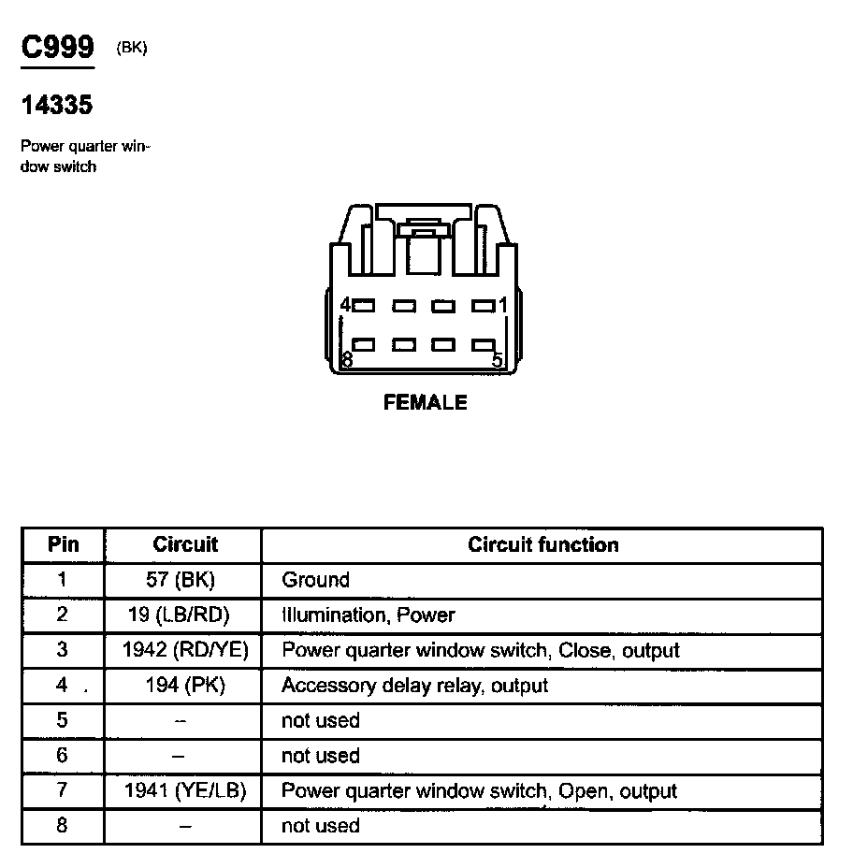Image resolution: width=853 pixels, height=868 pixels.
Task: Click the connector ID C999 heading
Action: [58, 48]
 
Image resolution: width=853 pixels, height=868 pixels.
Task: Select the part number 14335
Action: [57, 106]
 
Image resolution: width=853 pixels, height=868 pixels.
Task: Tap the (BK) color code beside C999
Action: [132, 49]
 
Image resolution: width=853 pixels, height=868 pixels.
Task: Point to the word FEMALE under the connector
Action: [426, 403]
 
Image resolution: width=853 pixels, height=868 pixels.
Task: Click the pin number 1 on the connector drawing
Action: [502, 305]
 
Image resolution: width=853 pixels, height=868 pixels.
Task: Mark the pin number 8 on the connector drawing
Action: [347, 360]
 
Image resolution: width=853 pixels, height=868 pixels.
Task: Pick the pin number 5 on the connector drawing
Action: [497, 360]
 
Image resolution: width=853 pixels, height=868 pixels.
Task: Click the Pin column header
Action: [64, 544]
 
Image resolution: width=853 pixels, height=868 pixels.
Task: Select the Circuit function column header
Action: [543, 544]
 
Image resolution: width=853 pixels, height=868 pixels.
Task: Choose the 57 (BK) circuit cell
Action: [181, 580]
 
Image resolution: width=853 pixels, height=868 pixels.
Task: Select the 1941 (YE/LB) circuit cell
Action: [185, 791]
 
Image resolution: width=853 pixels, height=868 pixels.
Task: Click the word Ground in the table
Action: [315, 580]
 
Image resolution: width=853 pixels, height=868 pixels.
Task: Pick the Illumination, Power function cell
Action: [369, 615]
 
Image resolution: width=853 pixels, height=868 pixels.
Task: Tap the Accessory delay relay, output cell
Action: [414, 686]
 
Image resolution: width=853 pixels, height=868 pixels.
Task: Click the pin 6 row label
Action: [63, 756]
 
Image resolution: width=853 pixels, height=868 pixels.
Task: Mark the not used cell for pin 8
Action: [321, 826]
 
